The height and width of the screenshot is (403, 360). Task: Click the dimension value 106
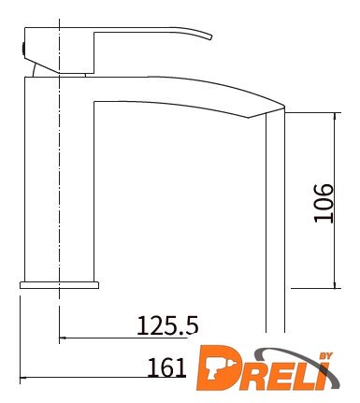(324, 203)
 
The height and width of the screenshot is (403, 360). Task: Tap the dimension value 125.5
(167, 325)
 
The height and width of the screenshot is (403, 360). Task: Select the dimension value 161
(166, 367)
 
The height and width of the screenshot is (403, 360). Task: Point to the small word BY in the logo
(326, 356)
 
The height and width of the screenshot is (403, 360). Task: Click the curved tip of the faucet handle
(209, 36)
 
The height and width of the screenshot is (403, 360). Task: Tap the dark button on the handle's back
(23, 49)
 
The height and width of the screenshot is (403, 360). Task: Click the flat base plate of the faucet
(59, 285)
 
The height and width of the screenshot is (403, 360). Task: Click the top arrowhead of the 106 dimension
(335, 115)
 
